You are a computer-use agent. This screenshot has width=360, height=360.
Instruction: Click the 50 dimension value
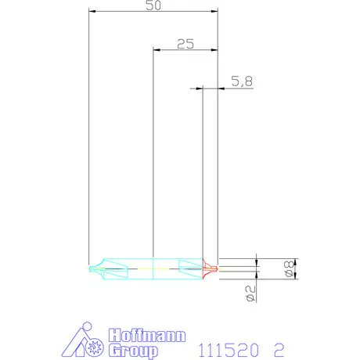153,5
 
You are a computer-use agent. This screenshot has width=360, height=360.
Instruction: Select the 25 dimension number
185,44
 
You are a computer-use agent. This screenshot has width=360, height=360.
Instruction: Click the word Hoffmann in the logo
146,334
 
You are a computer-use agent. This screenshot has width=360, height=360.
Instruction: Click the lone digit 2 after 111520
279,347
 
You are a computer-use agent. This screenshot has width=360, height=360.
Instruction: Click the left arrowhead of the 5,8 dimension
199,88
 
